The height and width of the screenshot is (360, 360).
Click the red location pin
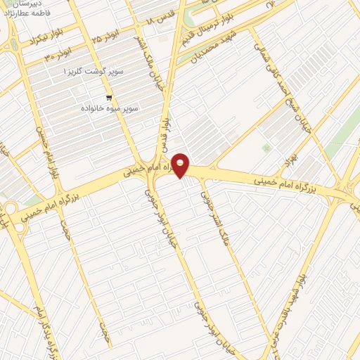pyautogui.click(x=181, y=165)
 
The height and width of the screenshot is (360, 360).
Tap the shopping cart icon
pyautogui.click(x=108, y=98)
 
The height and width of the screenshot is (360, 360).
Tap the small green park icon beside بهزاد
pyautogui.click(x=266, y=148)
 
